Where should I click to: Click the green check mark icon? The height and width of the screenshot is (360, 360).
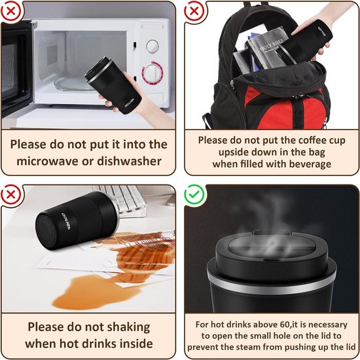[x=194, y=194]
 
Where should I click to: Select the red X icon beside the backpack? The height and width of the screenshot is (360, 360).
[x=194, y=11]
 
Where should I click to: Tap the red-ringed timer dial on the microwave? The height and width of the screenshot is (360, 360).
[x=153, y=71]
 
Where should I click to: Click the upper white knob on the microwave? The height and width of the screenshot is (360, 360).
[x=153, y=46]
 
